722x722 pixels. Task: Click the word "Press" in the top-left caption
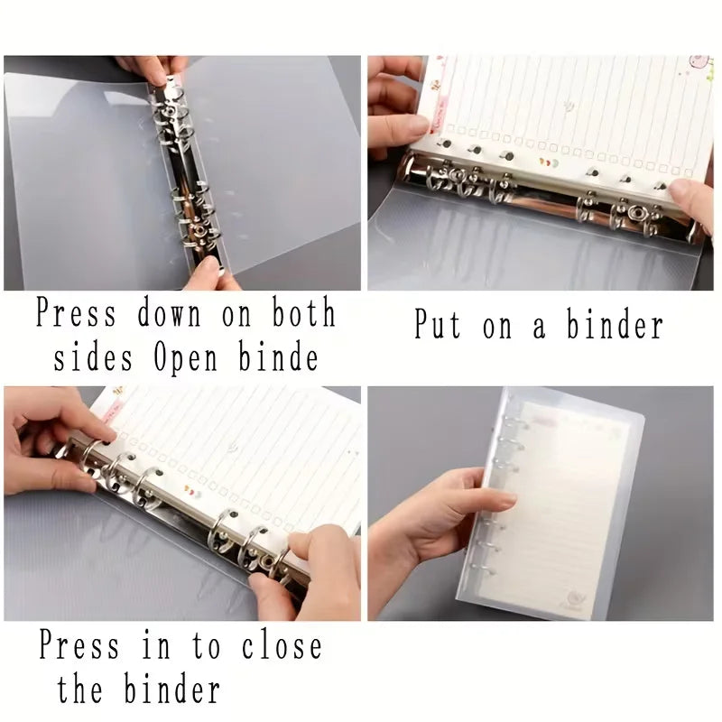coord(76,315)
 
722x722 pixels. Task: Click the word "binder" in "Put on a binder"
coord(614,324)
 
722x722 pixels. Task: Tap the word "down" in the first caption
coord(171,315)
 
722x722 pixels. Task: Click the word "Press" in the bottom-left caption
coord(79,646)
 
